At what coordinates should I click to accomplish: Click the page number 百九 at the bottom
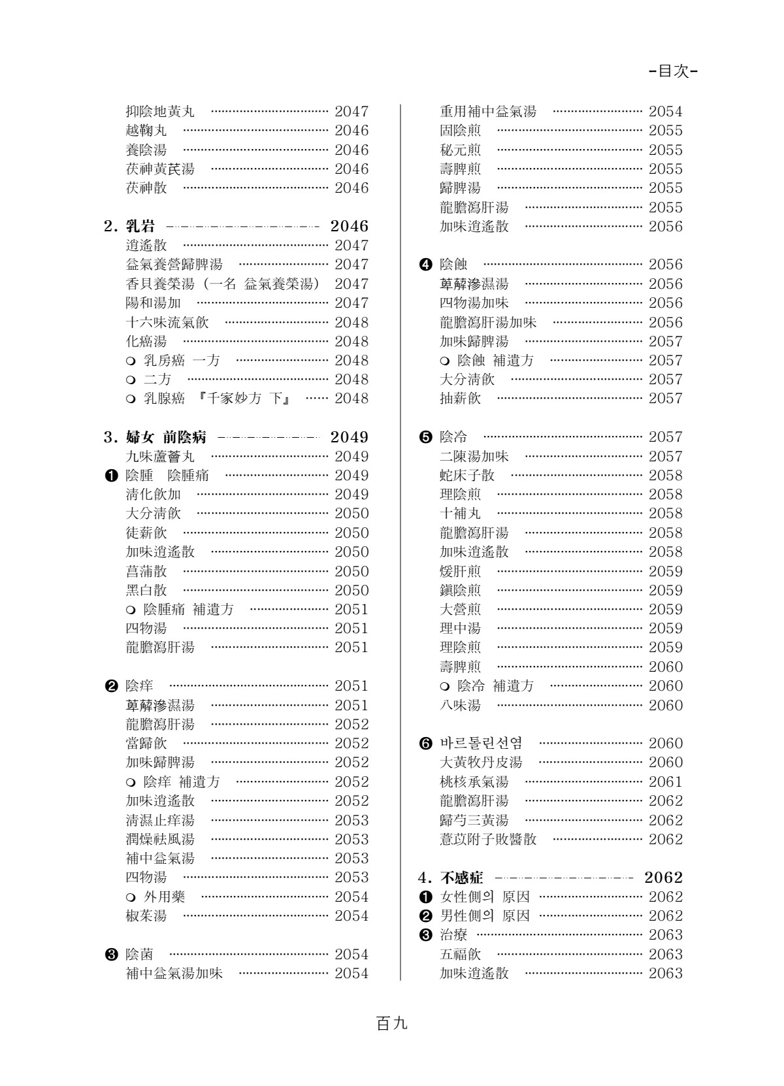pos(392,1023)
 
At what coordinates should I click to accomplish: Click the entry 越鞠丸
pos(146,131)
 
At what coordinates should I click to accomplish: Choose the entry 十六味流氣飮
pos(167,322)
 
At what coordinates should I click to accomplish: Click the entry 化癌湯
pos(146,341)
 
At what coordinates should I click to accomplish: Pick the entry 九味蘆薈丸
pos(160,456)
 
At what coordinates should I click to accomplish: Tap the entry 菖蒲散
pos(146,571)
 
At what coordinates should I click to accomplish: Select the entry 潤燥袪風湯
pos(160,839)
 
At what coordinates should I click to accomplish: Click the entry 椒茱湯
pos(146,915)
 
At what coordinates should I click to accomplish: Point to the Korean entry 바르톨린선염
pos(481,743)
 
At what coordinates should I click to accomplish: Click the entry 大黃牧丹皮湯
pos(481,762)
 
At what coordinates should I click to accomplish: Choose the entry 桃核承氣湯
pos(474,782)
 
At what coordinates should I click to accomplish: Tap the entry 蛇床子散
pos(467,475)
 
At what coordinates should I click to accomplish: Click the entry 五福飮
pos(460,954)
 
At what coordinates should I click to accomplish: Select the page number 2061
pos(665,782)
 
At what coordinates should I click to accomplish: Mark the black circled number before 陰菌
pos(110,954)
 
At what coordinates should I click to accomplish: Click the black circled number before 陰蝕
pos(425,265)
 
